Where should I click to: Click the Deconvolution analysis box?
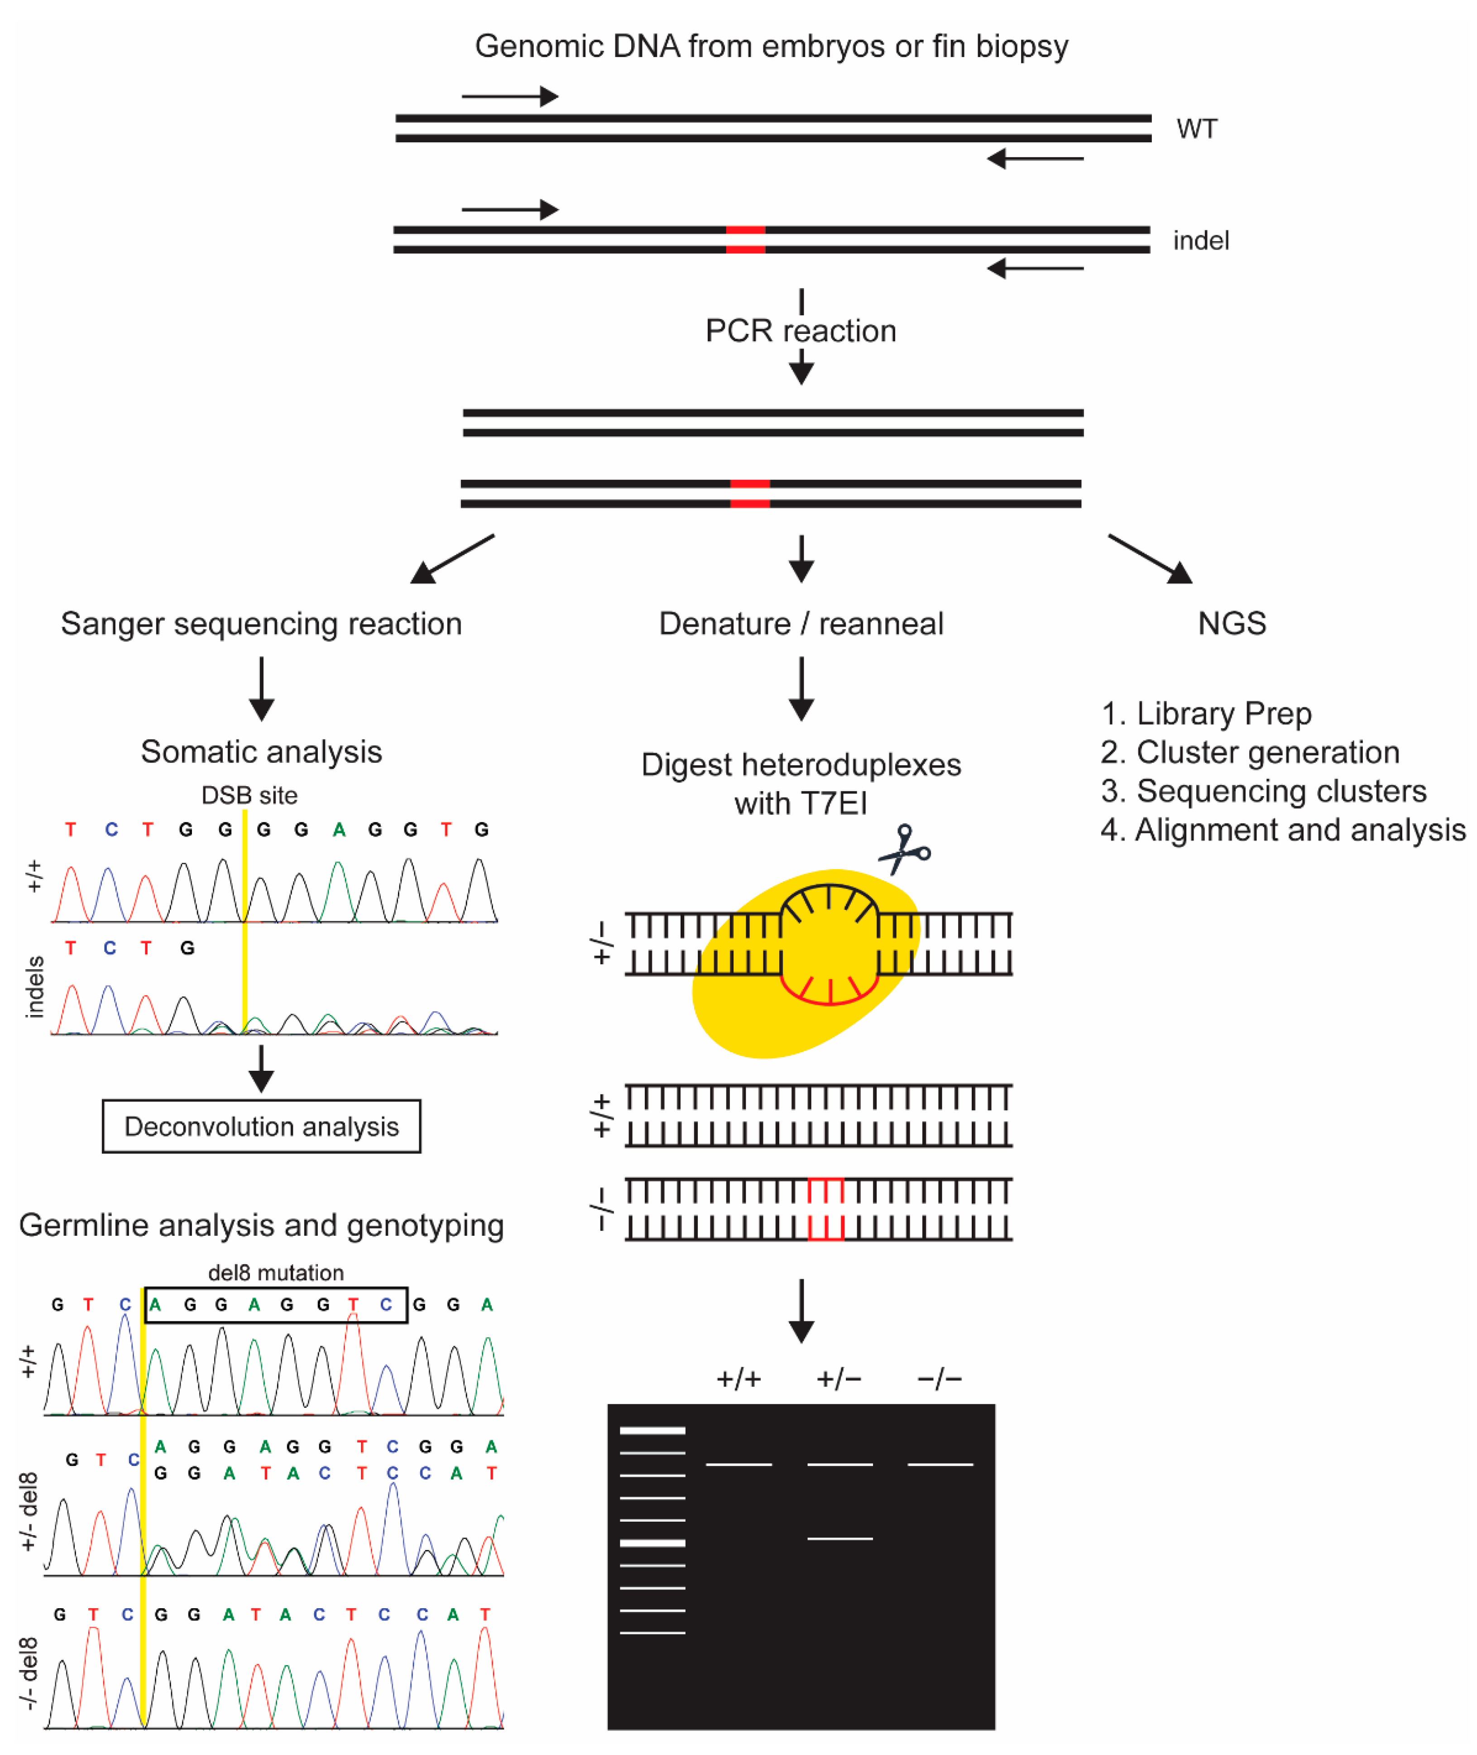click(261, 1126)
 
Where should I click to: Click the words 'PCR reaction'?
click(801, 331)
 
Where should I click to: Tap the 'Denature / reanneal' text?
click(801, 623)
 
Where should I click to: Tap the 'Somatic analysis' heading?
click(261, 751)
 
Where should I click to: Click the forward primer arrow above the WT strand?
click(509, 97)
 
